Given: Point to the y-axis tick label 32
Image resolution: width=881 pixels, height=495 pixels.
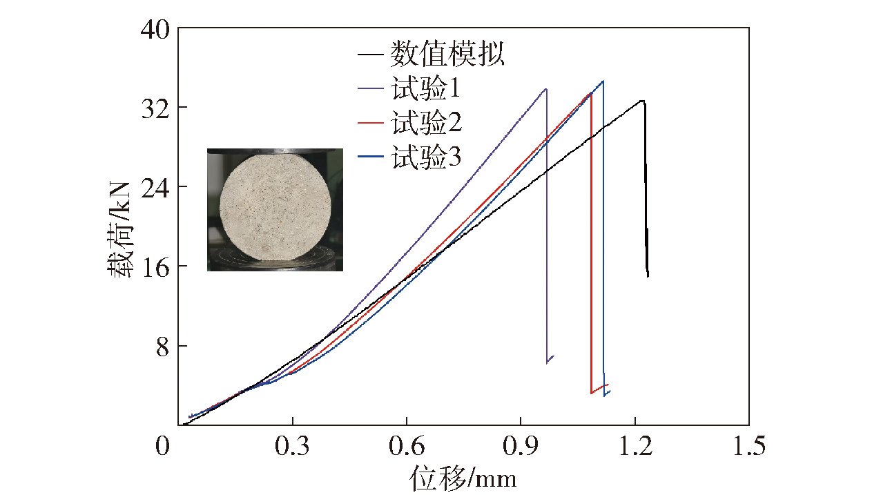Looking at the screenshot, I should point(155,108).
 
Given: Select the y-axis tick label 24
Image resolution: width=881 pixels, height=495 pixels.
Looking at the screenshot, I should point(155,187).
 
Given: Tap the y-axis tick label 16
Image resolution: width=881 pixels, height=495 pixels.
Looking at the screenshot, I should point(155,266).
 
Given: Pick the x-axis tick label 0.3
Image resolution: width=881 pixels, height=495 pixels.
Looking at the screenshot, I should point(293,447).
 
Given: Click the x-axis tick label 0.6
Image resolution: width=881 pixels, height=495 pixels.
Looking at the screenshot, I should point(407,447).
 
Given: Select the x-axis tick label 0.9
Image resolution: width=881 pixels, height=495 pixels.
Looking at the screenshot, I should point(521,447).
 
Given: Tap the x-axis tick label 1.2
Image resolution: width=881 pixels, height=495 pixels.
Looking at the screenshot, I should point(635,447).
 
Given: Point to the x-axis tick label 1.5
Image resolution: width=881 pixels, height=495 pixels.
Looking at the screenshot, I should point(749,447).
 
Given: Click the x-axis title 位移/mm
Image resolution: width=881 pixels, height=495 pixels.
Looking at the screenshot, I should point(463,478).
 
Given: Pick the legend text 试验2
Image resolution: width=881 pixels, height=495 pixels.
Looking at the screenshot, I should point(425,124).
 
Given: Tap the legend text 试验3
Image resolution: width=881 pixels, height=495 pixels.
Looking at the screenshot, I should point(425,159).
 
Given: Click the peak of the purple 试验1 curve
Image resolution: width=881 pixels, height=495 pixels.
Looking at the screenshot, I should point(546,89).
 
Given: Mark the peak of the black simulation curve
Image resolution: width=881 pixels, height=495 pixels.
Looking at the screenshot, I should point(642,101).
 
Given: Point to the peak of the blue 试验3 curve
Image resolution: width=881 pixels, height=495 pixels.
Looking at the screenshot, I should point(603,81).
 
